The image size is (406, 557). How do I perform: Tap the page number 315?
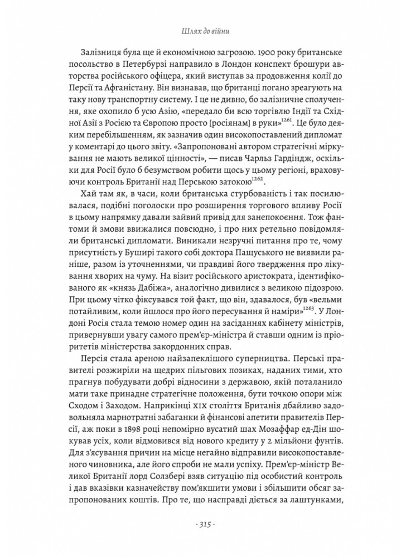coord(203,524)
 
